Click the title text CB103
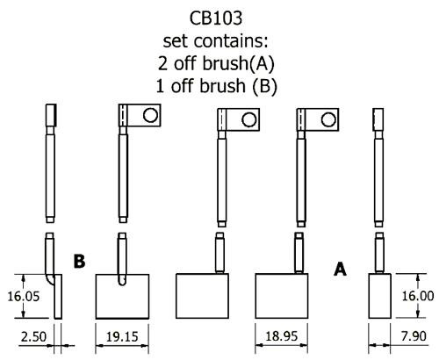[216, 18]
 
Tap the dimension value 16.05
[23, 296]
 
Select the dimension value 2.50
[33, 336]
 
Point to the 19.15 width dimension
[122, 336]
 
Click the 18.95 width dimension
[281, 336]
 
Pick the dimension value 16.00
[418, 296]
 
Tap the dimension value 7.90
[414, 336]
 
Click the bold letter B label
[79, 261]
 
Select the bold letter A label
[340, 269]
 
